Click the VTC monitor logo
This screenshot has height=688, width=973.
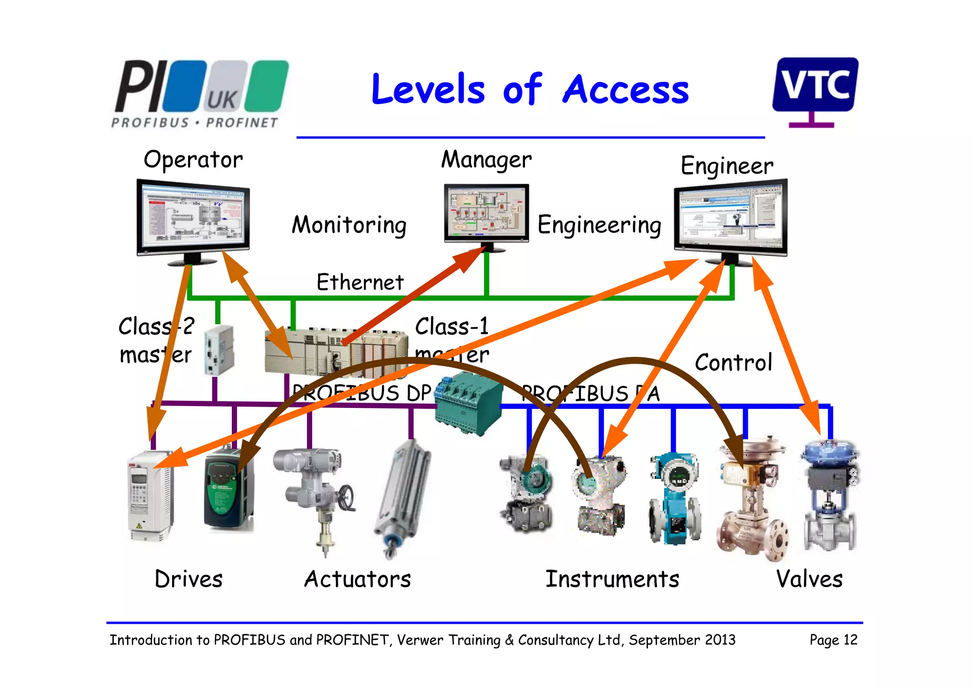coord(815,86)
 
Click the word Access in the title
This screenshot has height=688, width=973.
coord(625,90)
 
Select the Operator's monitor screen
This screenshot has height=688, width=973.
coord(193,217)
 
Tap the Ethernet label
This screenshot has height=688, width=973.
coord(360,282)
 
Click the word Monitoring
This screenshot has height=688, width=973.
coord(349,225)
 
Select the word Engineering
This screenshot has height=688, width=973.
coord(599,225)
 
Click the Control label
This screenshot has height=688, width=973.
coord(733,363)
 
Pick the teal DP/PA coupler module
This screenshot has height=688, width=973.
coord(468,404)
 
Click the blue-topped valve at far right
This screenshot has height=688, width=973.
coord(830,494)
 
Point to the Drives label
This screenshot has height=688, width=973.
coord(189,579)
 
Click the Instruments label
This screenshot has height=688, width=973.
coord(612,579)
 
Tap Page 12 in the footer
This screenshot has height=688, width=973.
coord(833,640)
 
